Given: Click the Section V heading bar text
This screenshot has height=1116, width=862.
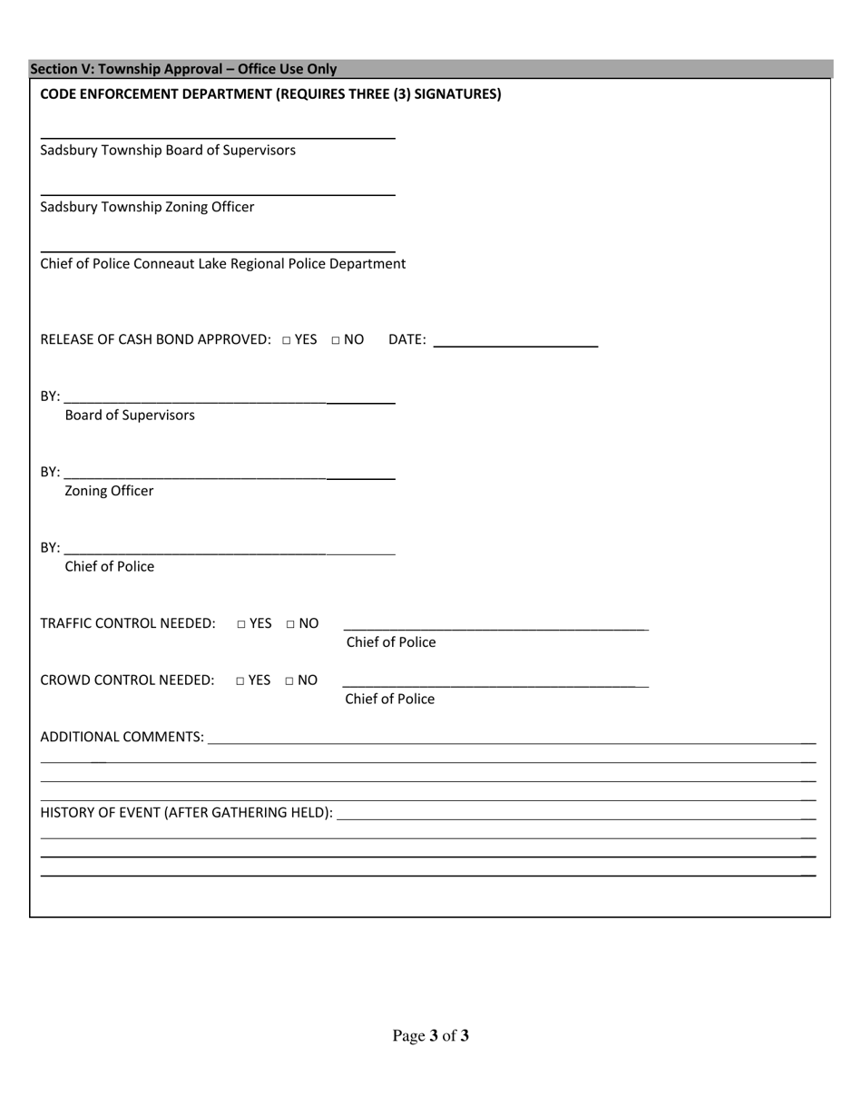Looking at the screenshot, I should [183, 69].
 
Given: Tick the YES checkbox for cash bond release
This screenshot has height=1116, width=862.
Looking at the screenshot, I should [286, 340].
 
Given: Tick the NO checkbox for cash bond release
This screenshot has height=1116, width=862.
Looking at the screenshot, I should [336, 340].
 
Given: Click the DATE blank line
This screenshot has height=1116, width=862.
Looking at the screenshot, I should [515, 344].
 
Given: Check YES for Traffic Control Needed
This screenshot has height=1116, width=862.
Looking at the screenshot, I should [241, 624].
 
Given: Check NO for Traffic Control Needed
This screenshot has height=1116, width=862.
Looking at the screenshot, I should [290, 624].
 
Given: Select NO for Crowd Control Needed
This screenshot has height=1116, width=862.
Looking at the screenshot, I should [289, 680].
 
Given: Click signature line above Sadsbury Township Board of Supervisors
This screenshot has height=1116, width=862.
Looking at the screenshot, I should [218, 136].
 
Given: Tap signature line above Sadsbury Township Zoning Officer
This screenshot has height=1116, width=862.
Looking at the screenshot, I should [218, 193].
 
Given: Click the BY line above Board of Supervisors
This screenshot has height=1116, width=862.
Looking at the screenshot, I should [230, 400].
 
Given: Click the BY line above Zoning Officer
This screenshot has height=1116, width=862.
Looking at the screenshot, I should [230, 476].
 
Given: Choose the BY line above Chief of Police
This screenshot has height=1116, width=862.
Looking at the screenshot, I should [230, 552].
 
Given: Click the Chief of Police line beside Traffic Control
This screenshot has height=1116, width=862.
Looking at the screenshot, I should [495, 627].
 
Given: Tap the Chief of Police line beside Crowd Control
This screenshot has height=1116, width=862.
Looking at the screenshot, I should [495, 684].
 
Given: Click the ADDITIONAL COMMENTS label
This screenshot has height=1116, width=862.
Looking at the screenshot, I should [122, 737].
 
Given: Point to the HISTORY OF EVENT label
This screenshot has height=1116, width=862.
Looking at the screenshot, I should [186, 812].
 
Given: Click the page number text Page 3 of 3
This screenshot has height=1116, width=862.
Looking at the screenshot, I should [430, 1036].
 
